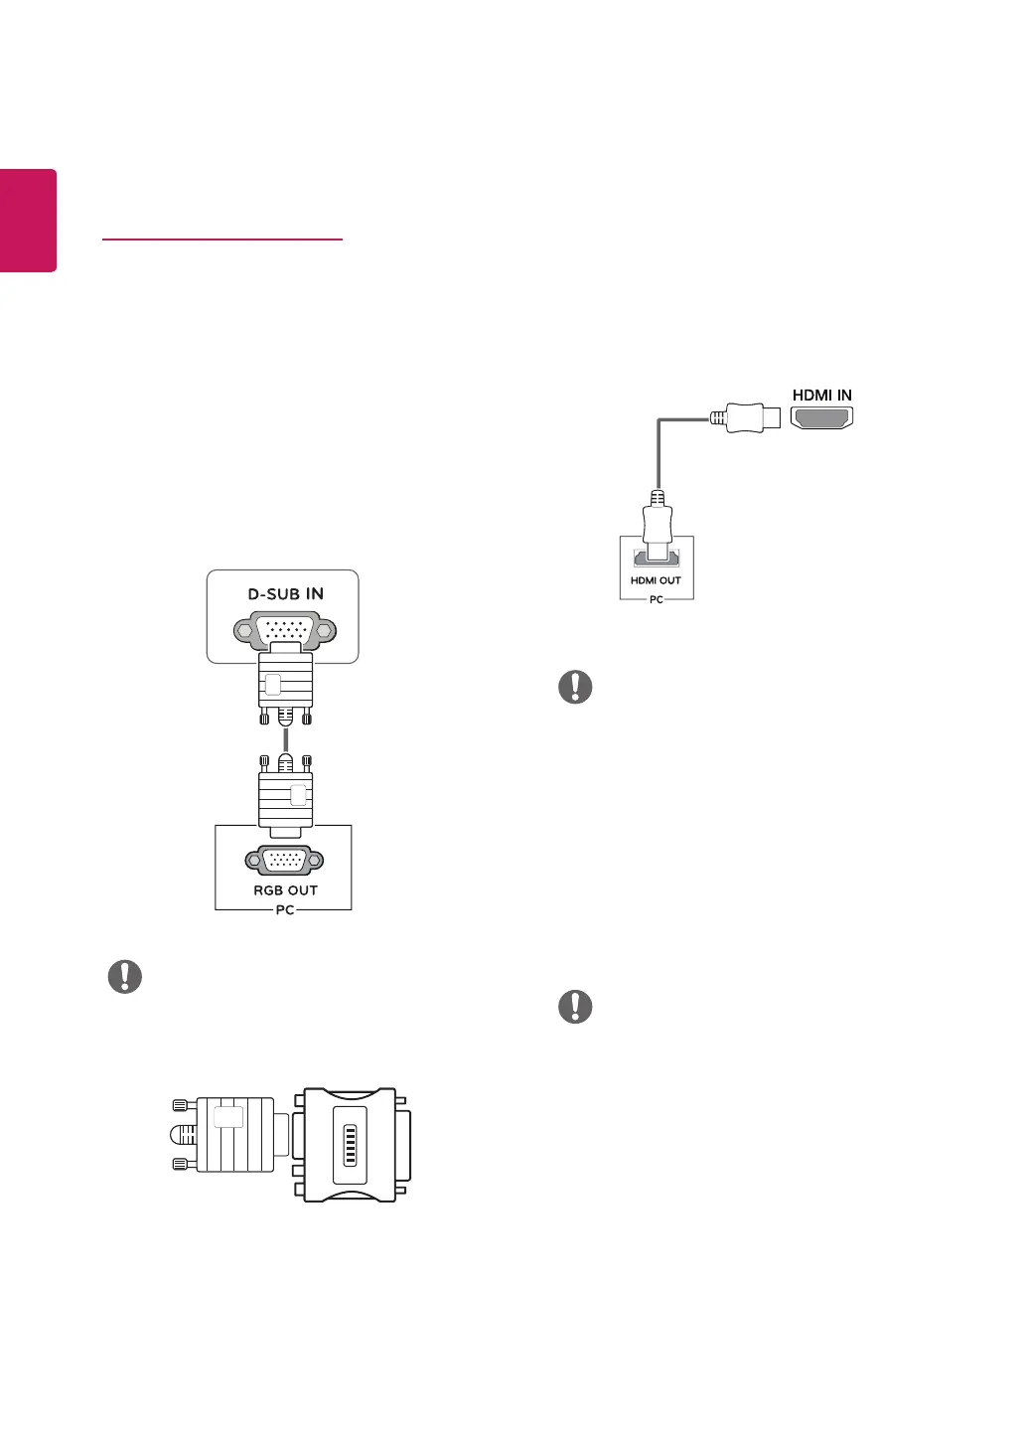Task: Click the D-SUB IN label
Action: coord(286,594)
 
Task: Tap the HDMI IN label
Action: coord(821,396)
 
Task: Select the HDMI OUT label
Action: coord(656,580)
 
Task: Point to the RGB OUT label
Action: coord(285,890)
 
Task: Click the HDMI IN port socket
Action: coord(821,418)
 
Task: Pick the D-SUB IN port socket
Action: coord(285,629)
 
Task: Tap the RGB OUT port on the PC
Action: coord(284,861)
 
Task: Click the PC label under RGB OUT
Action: coord(285,910)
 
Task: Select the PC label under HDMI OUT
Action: coord(656,600)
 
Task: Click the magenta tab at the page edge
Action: coord(28,220)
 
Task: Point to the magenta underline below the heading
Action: coord(221,240)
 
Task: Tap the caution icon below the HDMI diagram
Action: coord(575,687)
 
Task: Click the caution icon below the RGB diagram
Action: coord(125,977)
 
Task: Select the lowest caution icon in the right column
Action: coord(575,1007)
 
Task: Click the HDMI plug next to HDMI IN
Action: coord(745,417)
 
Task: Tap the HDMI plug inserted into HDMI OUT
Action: coord(657,527)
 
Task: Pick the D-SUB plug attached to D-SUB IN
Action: coord(285,686)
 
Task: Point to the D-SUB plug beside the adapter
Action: coord(228,1134)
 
